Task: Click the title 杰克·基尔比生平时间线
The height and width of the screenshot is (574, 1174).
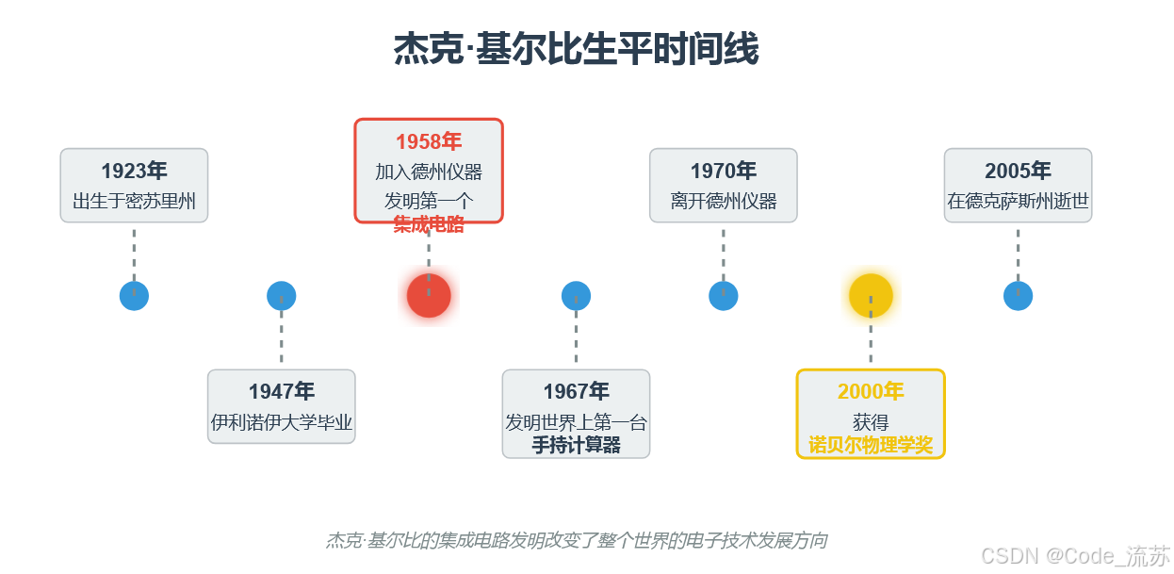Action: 576,50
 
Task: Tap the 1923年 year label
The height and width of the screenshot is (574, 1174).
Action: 134,171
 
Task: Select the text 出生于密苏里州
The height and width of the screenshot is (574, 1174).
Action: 134,202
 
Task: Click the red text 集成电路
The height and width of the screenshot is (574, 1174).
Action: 429,224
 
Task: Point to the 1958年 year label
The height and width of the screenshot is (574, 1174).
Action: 429,141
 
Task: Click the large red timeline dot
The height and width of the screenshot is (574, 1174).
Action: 429,295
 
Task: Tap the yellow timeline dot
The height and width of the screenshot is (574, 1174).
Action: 871,295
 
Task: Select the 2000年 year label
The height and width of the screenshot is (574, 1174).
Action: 871,391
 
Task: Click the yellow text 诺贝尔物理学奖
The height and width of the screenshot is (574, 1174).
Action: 871,446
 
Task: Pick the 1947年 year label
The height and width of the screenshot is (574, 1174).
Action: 282,391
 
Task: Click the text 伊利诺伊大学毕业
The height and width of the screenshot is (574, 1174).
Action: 282,422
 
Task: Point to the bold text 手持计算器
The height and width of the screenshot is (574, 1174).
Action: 576,446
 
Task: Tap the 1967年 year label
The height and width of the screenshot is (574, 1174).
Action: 576,391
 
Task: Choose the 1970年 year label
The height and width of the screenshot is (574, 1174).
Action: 724,171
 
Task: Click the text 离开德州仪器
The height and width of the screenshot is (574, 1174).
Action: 724,202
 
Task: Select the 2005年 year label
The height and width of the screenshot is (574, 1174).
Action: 1018,171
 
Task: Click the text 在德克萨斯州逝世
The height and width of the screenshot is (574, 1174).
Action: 1018,202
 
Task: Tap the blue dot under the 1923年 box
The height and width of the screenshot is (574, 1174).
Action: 134,296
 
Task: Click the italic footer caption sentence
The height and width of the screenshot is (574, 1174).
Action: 577,541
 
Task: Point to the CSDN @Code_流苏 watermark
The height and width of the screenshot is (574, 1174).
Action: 1075,556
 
